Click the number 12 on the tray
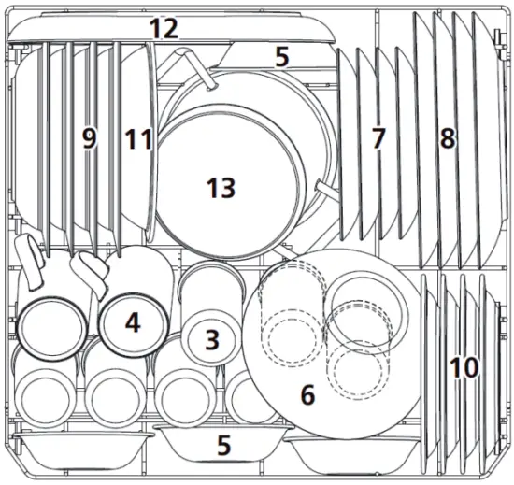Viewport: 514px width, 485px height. tap(164, 28)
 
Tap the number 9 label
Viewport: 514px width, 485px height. tap(89, 139)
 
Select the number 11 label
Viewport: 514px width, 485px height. tap(138, 139)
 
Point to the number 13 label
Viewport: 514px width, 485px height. tap(221, 188)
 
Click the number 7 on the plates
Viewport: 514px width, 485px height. tap(378, 139)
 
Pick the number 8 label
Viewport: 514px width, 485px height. tap(448, 139)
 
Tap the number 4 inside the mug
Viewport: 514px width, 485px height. tap(133, 323)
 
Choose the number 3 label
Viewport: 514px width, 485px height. tap(212, 339)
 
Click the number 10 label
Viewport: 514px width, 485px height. tap(464, 367)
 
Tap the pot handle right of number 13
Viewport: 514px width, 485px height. tap(327, 188)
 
